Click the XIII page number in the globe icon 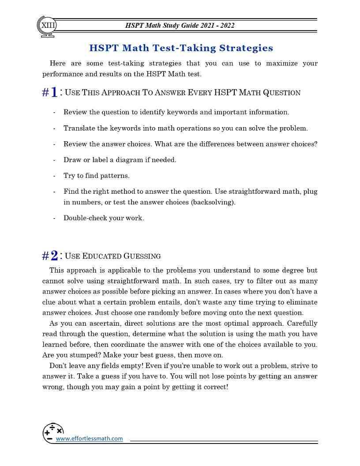[48, 25]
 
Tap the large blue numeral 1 [54, 92]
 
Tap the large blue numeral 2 [54, 256]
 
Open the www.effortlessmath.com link [89, 439]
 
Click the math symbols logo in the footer [52, 432]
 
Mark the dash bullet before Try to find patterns [54, 176]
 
